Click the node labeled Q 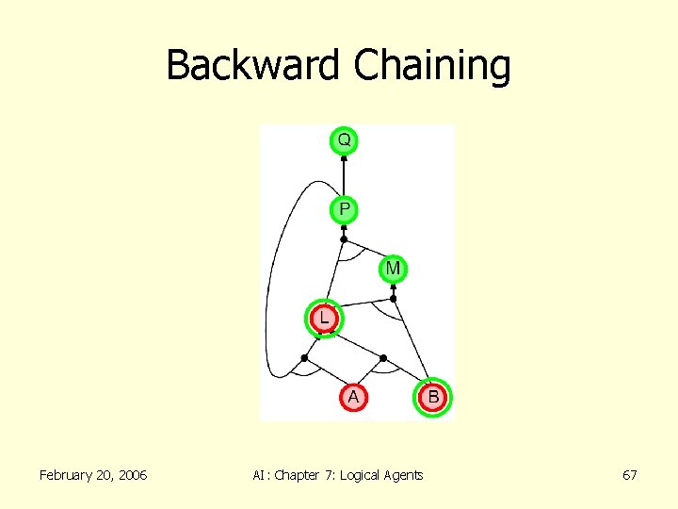(x=344, y=140)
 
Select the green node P (x=344, y=208)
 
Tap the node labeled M (x=393, y=270)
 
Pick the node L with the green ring (x=324, y=319)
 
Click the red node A (x=353, y=398)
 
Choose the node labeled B (x=433, y=398)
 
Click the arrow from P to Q (x=344, y=174)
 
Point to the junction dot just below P (x=344, y=239)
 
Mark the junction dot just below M (x=394, y=299)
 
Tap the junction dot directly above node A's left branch (x=304, y=358)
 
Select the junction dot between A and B (x=383, y=358)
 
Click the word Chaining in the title (x=432, y=66)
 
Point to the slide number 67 (x=630, y=475)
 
